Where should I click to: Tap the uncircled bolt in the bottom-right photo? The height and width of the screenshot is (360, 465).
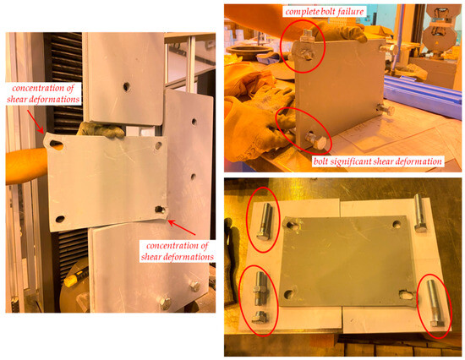[x=418, y=206]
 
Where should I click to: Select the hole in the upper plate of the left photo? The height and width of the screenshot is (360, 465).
[x=125, y=85]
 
